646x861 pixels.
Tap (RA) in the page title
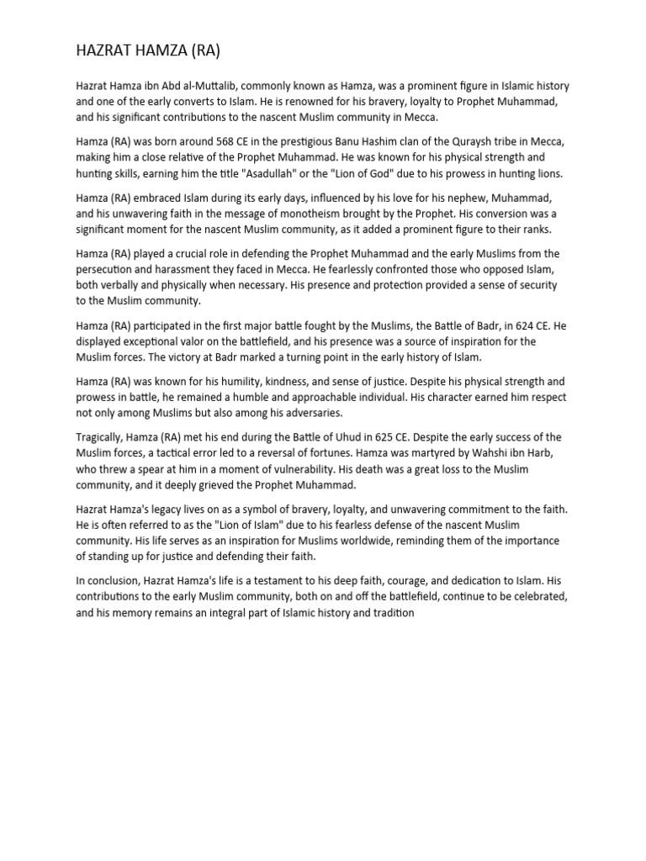coord(204,51)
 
